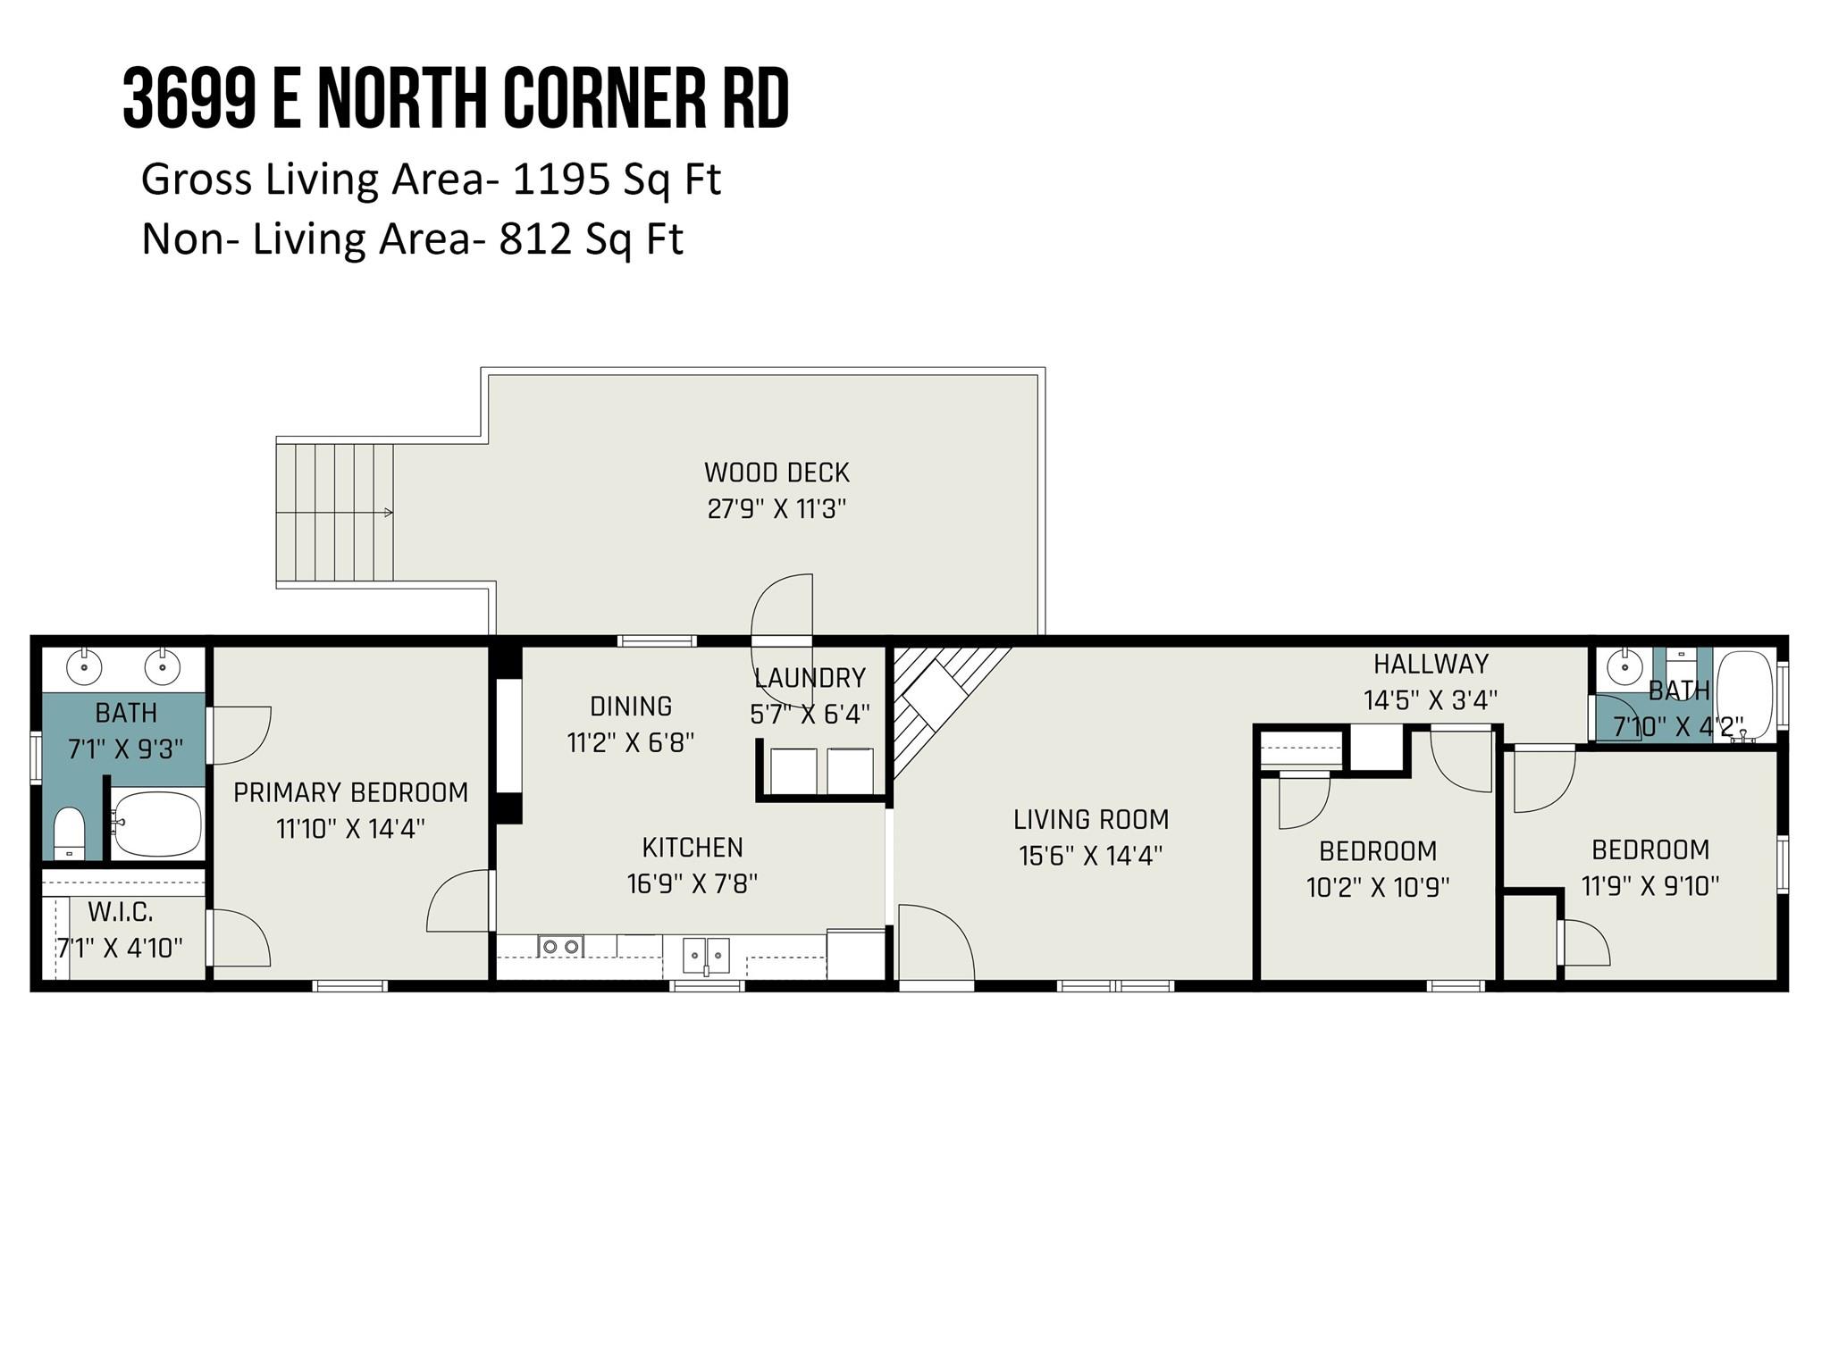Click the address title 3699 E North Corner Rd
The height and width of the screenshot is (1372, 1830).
457,99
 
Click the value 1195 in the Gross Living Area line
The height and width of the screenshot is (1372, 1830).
561,180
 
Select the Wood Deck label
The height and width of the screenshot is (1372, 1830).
776,473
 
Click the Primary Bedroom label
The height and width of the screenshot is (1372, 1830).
350,792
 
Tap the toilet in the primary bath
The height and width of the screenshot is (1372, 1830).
69,833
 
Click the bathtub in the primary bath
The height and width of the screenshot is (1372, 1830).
157,824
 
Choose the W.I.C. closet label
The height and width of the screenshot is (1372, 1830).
121,912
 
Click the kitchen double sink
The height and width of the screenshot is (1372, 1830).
706,955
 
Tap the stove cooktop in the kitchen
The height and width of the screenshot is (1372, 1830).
560,946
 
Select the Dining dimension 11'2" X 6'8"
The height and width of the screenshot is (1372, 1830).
631,742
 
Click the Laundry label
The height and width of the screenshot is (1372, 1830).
810,678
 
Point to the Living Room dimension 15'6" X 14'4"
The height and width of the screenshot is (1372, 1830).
1090,856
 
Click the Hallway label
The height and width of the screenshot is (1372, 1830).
1431,664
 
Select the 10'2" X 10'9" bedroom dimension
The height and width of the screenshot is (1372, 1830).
1377,887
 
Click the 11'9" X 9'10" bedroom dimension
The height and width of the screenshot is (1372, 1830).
1650,886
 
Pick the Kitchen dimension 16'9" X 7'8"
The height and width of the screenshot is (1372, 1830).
692,883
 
